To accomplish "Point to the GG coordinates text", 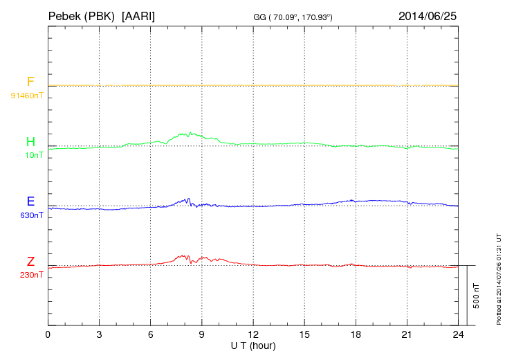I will [294, 17].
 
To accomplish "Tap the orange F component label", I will [30, 82].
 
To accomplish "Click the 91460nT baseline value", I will [27, 94].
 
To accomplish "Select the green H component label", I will [30, 142].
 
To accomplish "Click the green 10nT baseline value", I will [34, 154].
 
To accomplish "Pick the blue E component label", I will [30, 201].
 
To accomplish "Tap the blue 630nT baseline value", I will [32, 215].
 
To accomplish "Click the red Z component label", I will [30, 262].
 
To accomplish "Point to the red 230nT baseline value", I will [32, 275].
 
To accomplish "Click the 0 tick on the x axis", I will [48, 335].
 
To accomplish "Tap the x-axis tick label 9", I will [202, 335].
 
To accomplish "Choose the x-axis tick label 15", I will [304, 335].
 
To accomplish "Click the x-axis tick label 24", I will [458, 335].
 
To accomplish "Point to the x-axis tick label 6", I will [151, 335].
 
